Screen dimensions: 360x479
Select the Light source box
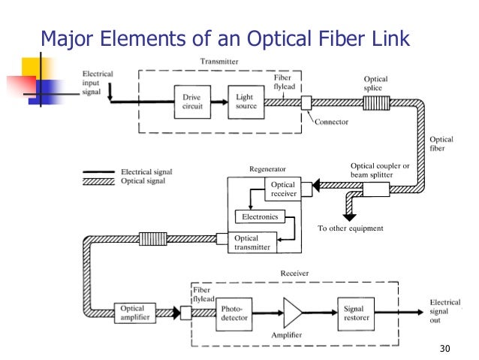click(246, 101)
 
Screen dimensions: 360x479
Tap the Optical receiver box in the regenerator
click(283, 189)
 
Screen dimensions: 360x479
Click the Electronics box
click(260, 217)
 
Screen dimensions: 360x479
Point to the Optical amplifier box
click(136, 313)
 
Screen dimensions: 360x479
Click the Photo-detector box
click(236, 313)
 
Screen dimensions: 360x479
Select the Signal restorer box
click(354, 313)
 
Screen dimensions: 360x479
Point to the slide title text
click(224, 38)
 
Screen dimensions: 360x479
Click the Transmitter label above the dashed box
click(221, 61)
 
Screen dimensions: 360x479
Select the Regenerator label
click(268, 169)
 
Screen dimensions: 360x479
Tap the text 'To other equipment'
click(350, 228)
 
